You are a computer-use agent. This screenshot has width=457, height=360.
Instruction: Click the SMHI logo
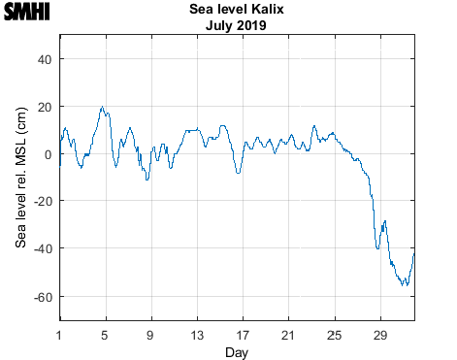(x=26, y=12)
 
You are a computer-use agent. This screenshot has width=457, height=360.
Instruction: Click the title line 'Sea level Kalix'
(x=237, y=11)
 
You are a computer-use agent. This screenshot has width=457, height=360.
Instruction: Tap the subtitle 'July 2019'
(x=237, y=25)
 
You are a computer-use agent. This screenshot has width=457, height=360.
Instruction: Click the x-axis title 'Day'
(x=237, y=351)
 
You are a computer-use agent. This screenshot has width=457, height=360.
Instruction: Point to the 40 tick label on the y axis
(x=43, y=59)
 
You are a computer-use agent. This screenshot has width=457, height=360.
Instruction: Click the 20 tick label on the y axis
(x=43, y=107)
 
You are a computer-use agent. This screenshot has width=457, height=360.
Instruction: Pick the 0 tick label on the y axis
(x=47, y=154)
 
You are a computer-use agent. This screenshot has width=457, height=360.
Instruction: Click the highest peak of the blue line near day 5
(x=102, y=108)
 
